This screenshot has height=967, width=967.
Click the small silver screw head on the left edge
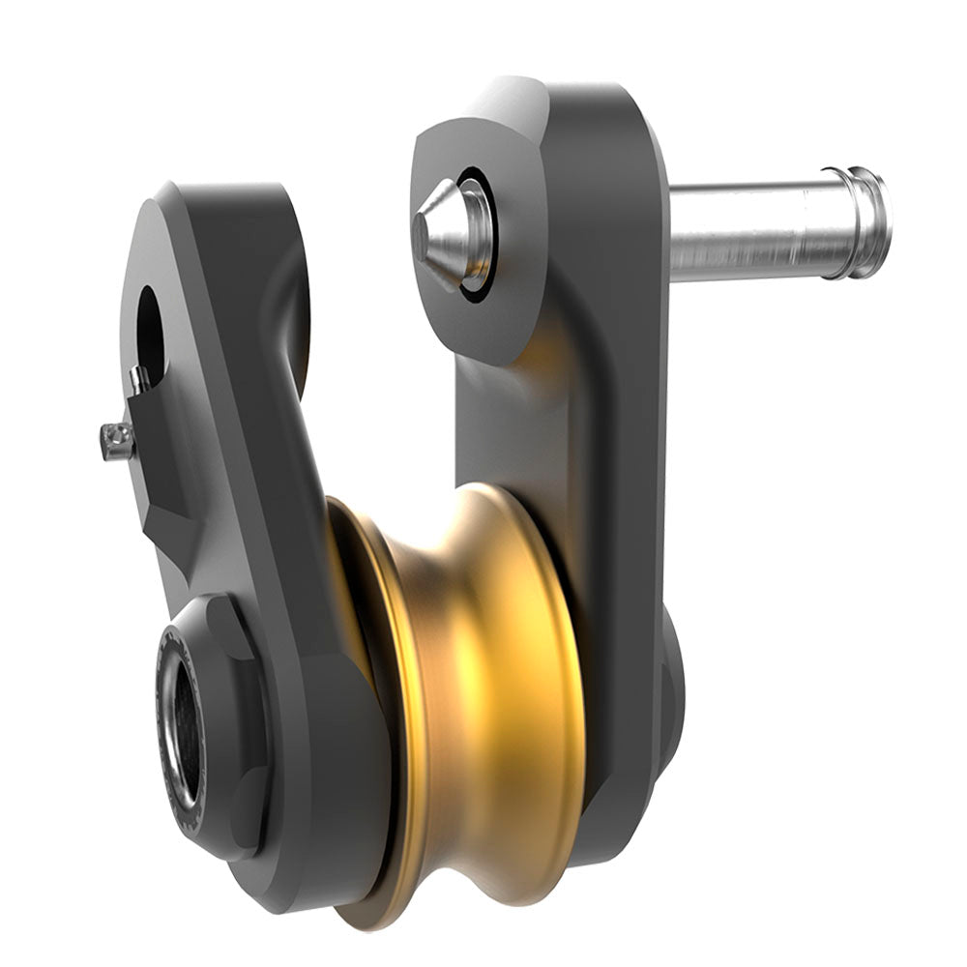click(117, 442)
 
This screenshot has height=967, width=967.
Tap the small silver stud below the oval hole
click(140, 379)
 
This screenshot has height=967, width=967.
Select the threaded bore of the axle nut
click(183, 734)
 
